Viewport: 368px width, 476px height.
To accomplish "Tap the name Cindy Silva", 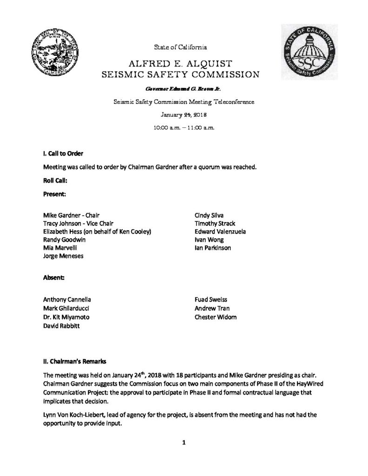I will [x=209, y=216].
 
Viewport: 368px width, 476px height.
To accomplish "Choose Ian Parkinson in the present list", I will [x=213, y=248].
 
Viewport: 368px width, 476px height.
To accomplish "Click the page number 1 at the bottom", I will [x=184, y=443].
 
